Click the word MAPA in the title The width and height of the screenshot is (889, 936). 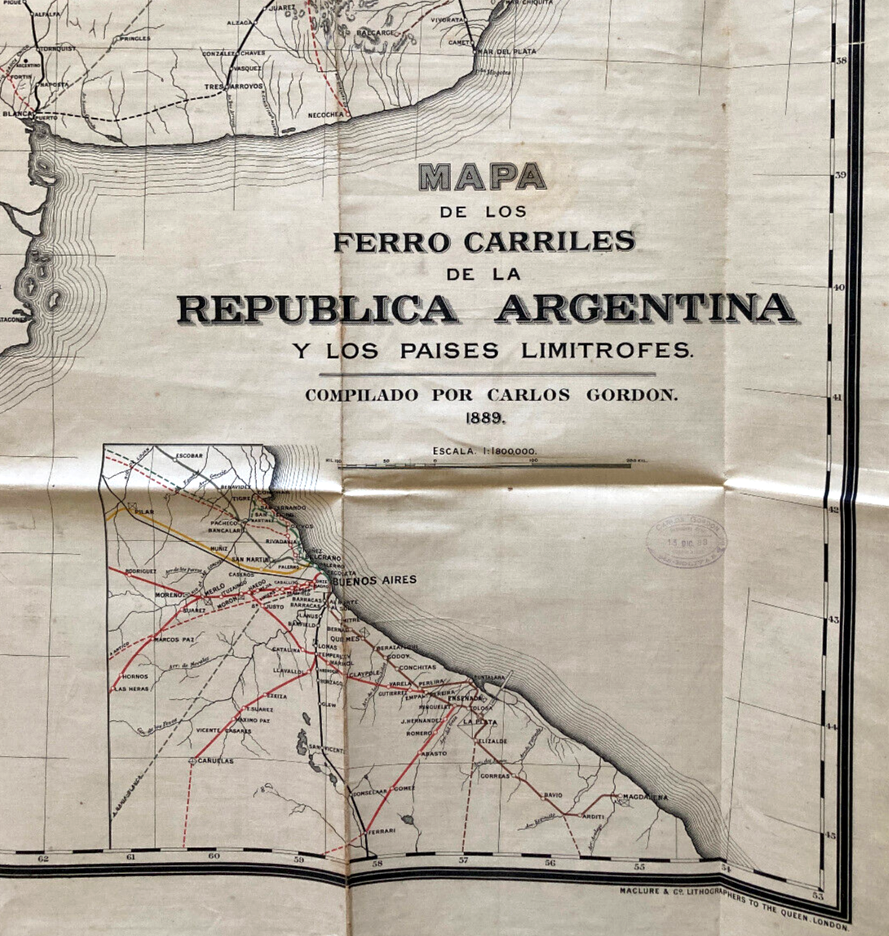tap(482, 176)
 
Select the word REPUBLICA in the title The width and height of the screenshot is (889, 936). tap(318, 308)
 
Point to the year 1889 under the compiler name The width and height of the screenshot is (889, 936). tap(487, 417)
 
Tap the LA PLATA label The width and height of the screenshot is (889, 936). tap(480, 722)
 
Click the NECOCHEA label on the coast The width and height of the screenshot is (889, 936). tap(328, 115)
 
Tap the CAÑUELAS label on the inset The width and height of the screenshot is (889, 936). tap(215, 761)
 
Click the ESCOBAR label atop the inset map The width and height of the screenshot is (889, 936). tap(188, 455)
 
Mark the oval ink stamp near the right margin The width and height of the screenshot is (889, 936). tap(686, 541)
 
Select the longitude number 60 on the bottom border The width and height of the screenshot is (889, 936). tap(214, 856)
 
